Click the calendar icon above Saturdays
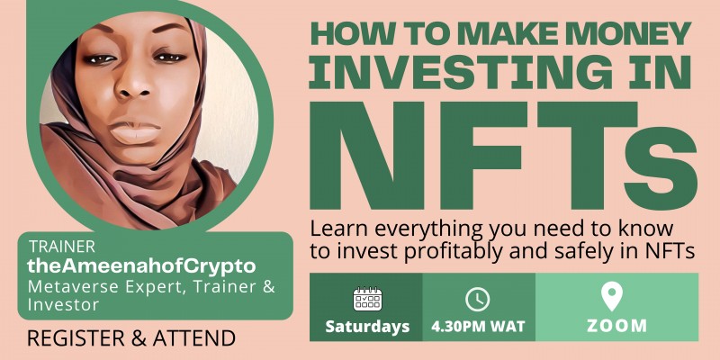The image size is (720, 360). tap(366, 299)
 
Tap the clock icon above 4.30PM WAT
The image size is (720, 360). tap(477, 299)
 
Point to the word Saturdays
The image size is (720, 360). tap(367, 326)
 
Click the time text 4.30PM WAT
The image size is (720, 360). tap(478, 326)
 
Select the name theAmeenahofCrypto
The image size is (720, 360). tap(142, 266)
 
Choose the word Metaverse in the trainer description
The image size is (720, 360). tap(69, 287)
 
